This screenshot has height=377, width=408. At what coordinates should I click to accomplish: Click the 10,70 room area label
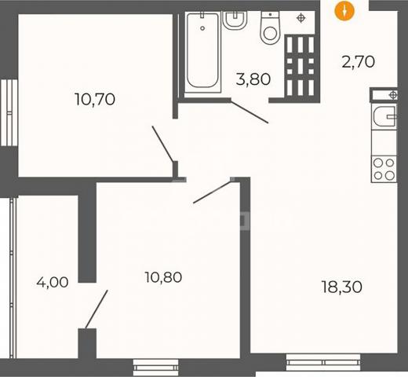pos(95,100)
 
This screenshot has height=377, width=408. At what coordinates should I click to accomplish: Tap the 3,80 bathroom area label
pos(253,79)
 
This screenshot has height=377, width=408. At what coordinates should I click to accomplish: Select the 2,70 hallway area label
pos(359,62)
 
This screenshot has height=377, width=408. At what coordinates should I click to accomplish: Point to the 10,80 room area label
pos(163,277)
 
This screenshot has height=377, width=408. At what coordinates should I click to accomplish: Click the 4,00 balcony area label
pos(53,282)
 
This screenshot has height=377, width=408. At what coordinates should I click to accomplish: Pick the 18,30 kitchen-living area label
pos(342,287)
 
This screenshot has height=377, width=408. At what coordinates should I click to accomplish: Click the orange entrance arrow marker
pos(344,11)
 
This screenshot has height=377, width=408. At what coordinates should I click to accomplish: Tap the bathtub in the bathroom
pos(202,52)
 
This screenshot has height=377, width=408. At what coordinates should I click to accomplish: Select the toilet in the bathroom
pos(271,27)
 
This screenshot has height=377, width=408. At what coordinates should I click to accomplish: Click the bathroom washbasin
pos(235,20)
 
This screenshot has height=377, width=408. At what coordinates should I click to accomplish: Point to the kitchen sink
pos(384,116)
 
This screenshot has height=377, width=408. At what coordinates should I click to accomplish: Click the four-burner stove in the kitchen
pos(384,169)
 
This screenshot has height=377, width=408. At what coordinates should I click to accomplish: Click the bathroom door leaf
pos(250,112)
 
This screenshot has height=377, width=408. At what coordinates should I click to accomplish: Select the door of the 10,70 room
pos(162,144)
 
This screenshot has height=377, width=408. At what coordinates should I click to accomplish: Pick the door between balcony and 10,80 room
pos(97,309)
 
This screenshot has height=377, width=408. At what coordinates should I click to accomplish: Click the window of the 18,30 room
pos(323,362)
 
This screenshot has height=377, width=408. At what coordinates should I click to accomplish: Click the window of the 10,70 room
pos(9,112)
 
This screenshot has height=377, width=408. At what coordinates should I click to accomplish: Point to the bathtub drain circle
pos(202,28)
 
